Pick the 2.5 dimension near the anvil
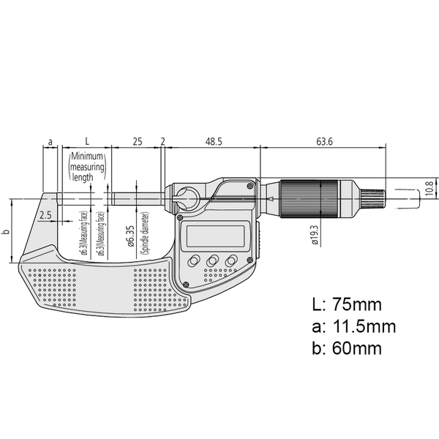coord(45,215)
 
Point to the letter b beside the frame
coord(6,231)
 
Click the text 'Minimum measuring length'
coord(87,167)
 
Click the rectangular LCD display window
coord(214,236)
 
